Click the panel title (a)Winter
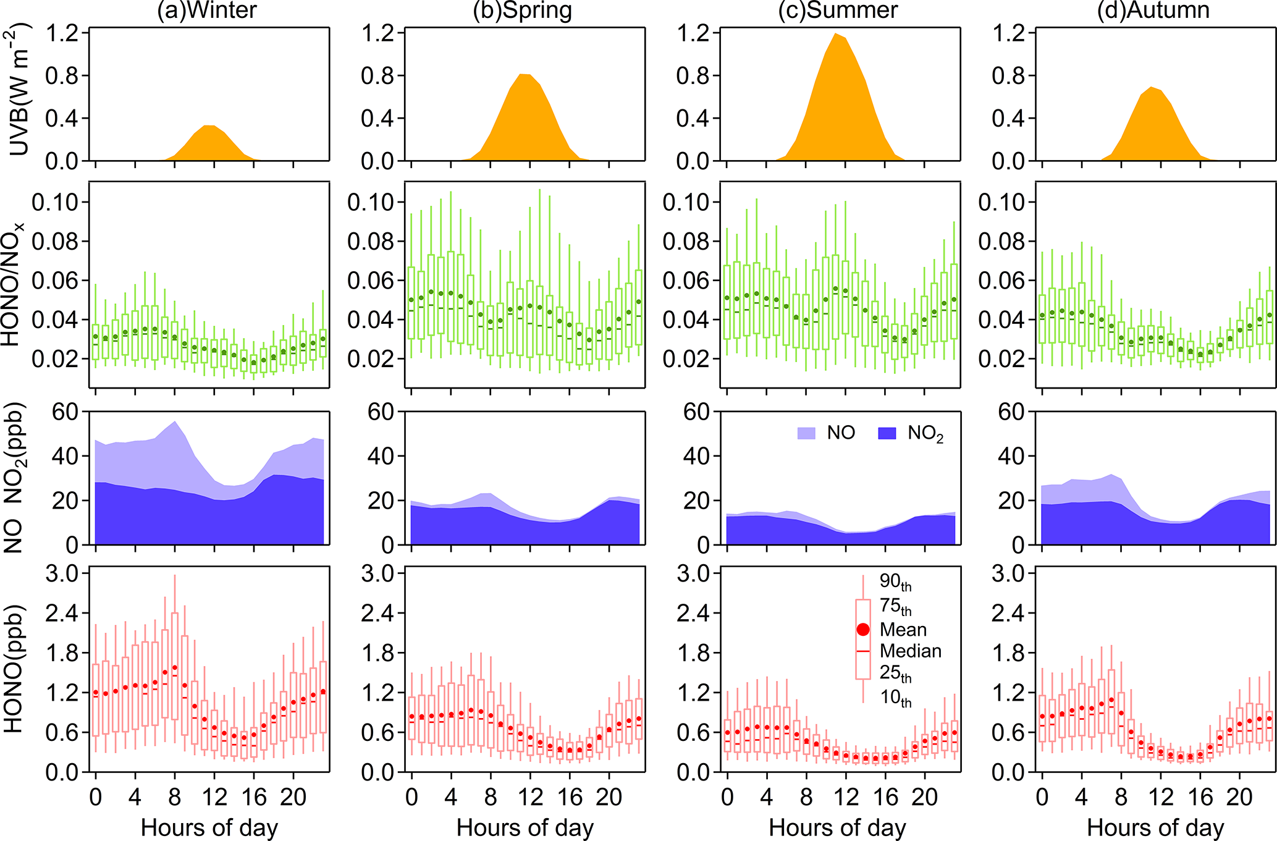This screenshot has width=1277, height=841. [207, 11]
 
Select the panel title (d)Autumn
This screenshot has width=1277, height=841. [1153, 11]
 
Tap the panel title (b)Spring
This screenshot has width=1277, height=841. [523, 11]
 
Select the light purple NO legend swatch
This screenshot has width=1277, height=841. [806, 433]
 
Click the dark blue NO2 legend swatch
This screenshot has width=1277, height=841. [887, 433]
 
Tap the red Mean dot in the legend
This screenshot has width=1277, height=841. [863, 630]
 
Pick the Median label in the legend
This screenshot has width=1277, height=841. [910, 651]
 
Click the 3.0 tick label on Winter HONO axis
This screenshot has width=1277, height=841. [62, 573]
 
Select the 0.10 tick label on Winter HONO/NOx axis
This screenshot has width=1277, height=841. [56, 202]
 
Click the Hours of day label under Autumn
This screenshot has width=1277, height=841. [1155, 827]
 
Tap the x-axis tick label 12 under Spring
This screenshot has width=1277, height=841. [530, 797]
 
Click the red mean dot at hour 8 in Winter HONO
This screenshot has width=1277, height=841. [175, 668]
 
